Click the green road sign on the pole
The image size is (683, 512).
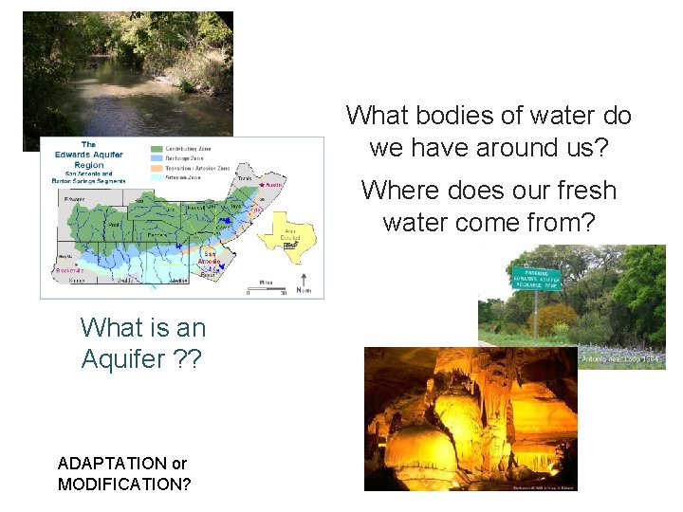click(536, 278)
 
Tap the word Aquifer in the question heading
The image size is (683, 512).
click(117, 359)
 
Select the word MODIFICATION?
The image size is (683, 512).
click(124, 485)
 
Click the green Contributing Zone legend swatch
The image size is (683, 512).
click(157, 150)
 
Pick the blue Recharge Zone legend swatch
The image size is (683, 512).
click(157, 158)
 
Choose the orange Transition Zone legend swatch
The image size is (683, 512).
click(157, 167)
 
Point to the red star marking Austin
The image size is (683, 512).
click(263, 185)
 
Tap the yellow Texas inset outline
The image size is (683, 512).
click(291, 230)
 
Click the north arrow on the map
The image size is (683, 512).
click(304, 281)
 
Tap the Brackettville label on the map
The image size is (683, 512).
click(71, 270)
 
